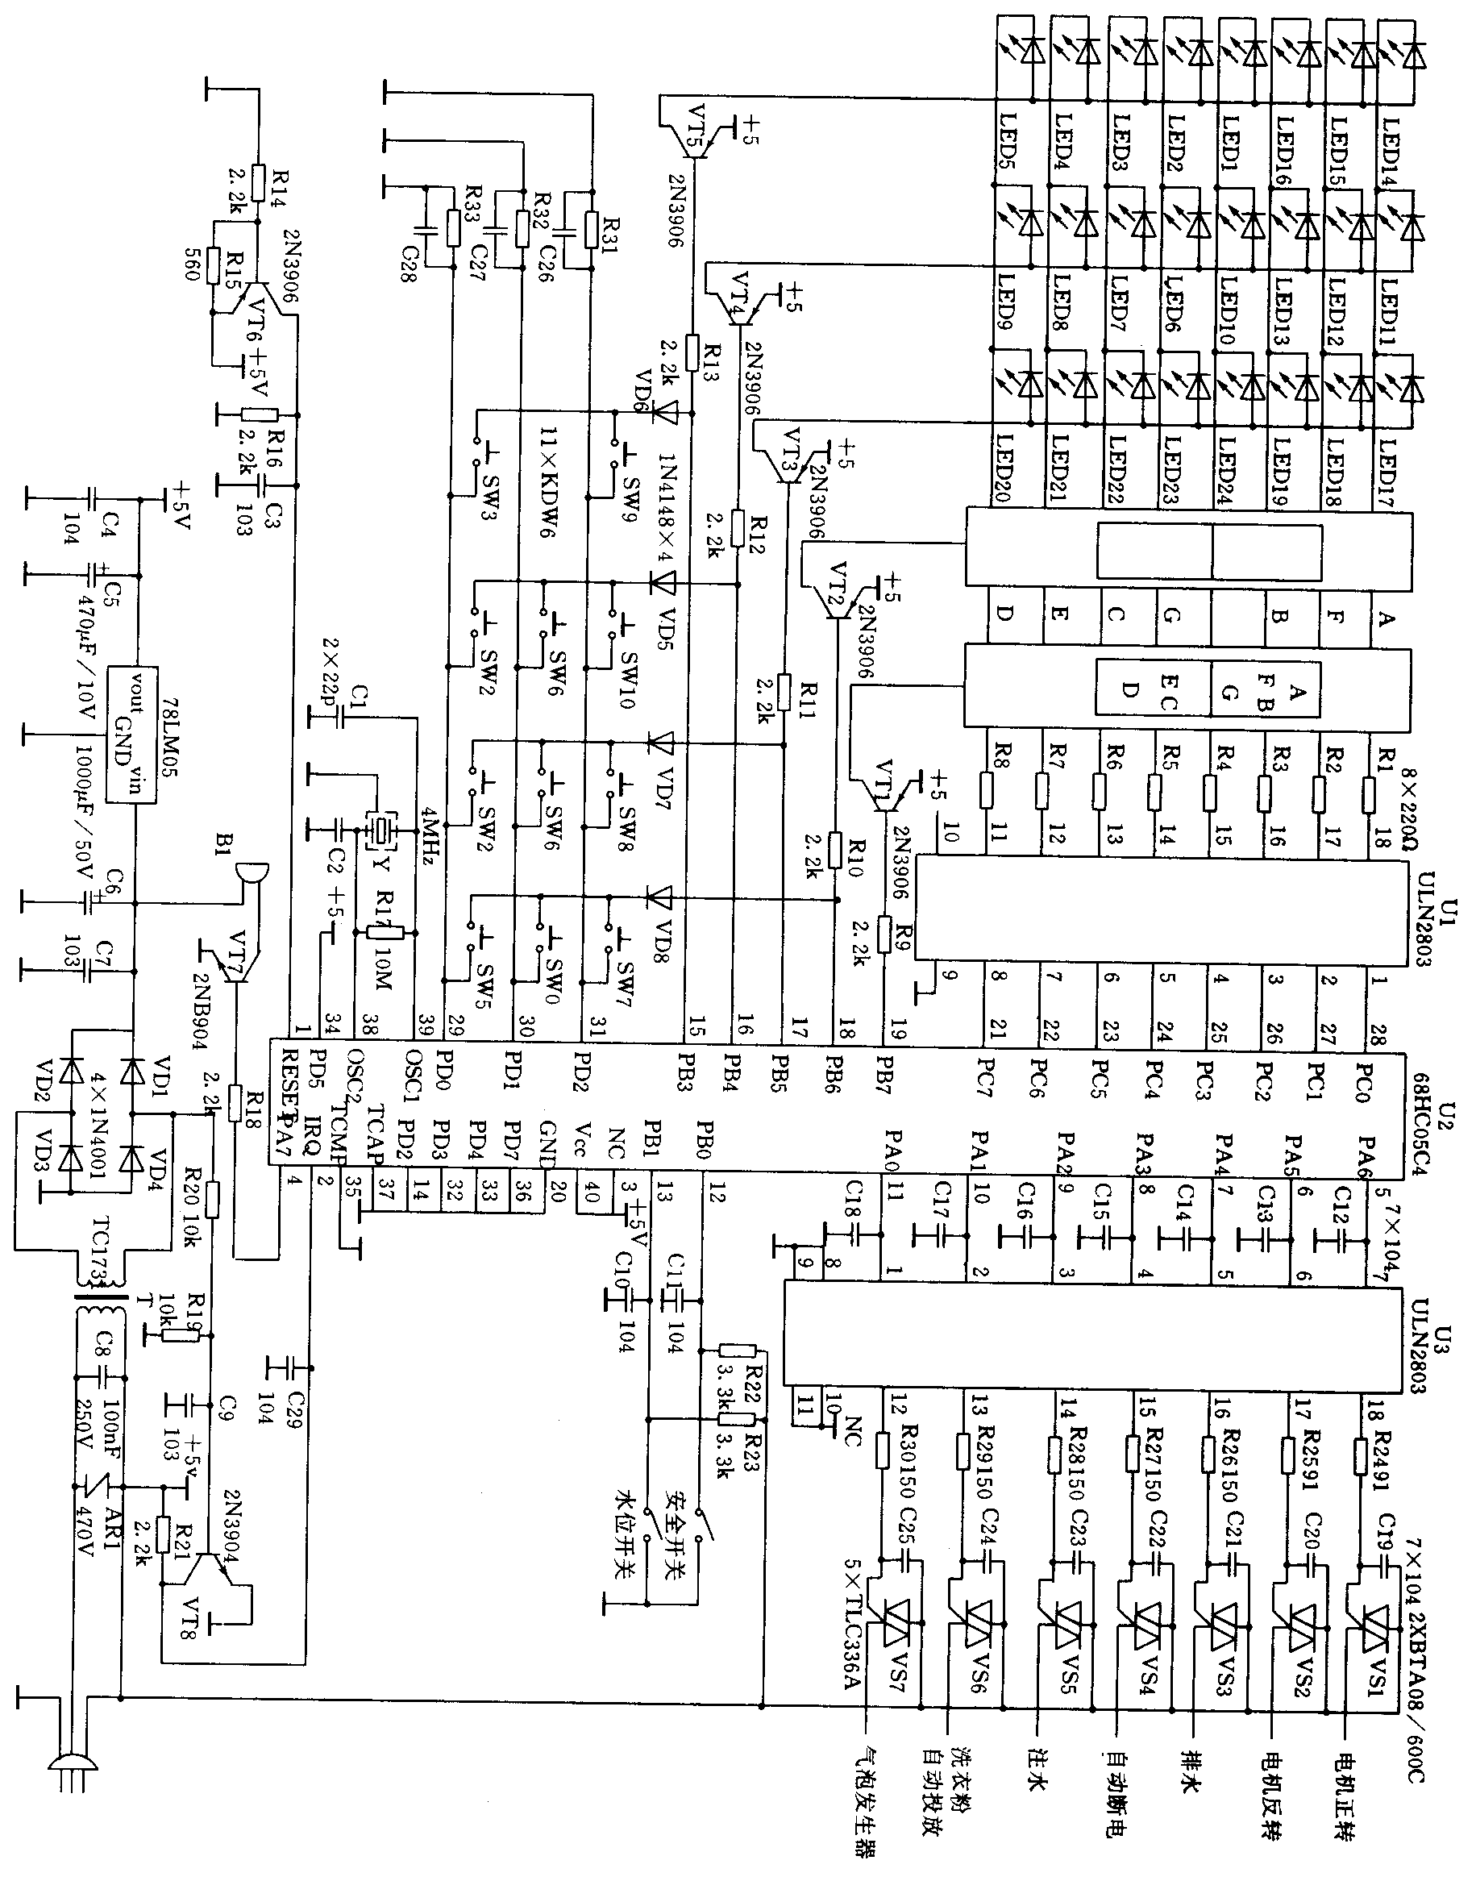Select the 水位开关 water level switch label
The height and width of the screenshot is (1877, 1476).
[629, 1538]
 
